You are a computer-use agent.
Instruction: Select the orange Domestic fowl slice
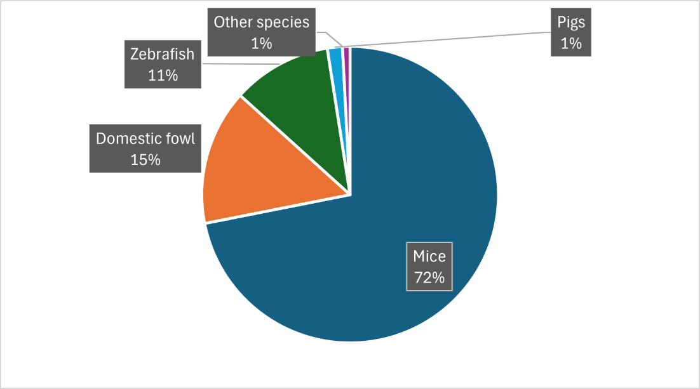point(267,165)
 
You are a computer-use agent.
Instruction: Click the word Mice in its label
point(429,256)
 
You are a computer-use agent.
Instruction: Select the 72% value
point(429,277)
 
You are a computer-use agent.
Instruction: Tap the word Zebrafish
point(162,54)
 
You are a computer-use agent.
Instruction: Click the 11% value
point(162,75)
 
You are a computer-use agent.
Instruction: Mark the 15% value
point(145,159)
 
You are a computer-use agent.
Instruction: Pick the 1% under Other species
point(261,43)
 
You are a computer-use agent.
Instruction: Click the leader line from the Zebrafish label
point(241,64)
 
